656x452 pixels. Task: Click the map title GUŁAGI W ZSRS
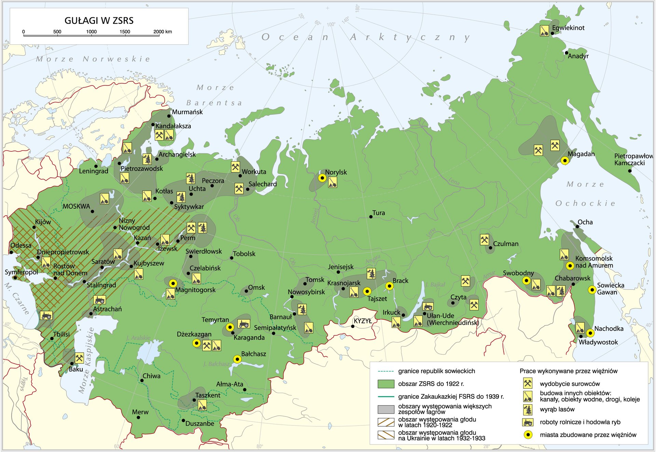(99, 20)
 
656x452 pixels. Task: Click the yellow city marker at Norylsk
(322, 178)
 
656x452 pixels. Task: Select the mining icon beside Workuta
(235, 167)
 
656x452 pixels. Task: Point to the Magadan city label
(581, 154)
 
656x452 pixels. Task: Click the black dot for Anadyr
(566, 53)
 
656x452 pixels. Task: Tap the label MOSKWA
(76, 206)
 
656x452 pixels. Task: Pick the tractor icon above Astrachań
(99, 300)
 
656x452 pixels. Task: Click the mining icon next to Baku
(79, 358)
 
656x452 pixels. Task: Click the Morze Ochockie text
(585, 194)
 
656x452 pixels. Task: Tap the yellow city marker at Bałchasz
(237, 359)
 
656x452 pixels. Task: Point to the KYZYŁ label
(363, 321)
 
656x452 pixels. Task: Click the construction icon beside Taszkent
(202, 405)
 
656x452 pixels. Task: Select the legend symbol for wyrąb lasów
(528, 409)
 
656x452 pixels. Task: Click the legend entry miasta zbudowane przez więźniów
(588, 435)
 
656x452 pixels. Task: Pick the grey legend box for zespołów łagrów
(386, 409)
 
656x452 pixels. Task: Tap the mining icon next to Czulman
(484, 240)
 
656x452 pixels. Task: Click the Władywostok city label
(598, 342)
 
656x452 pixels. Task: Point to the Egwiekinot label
(568, 28)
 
